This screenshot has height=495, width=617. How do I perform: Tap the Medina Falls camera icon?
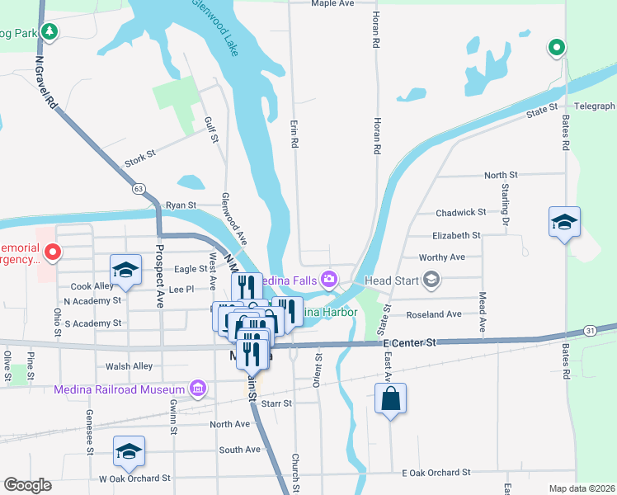(x=329, y=280)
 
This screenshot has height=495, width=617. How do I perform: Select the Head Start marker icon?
(x=431, y=280)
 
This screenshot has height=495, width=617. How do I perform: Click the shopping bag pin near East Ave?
(x=391, y=400)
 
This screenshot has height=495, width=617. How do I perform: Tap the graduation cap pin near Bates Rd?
(x=564, y=223)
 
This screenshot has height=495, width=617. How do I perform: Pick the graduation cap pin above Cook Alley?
(x=126, y=269)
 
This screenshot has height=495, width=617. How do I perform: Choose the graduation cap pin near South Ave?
(x=129, y=451)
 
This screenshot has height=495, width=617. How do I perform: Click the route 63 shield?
(x=137, y=189)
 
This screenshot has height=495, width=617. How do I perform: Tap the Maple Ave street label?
(x=332, y=4)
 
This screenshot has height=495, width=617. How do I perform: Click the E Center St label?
(x=409, y=342)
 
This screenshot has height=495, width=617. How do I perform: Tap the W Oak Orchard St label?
(x=134, y=478)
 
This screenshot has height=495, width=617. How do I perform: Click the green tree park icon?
(x=51, y=31)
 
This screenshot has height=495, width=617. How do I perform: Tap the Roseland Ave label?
(x=434, y=314)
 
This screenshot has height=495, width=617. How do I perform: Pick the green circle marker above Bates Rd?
(x=557, y=48)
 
